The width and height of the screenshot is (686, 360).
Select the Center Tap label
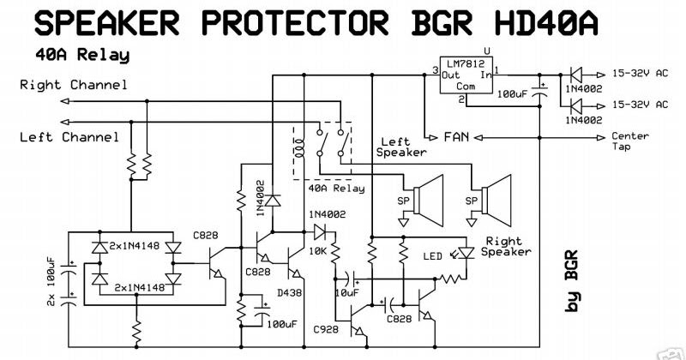point(629,141)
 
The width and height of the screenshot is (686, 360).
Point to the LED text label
point(433,255)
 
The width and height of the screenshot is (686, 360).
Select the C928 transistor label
point(327,328)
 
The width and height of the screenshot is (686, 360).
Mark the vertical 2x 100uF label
point(51,282)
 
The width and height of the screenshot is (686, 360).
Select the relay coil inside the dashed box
point(299,147)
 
